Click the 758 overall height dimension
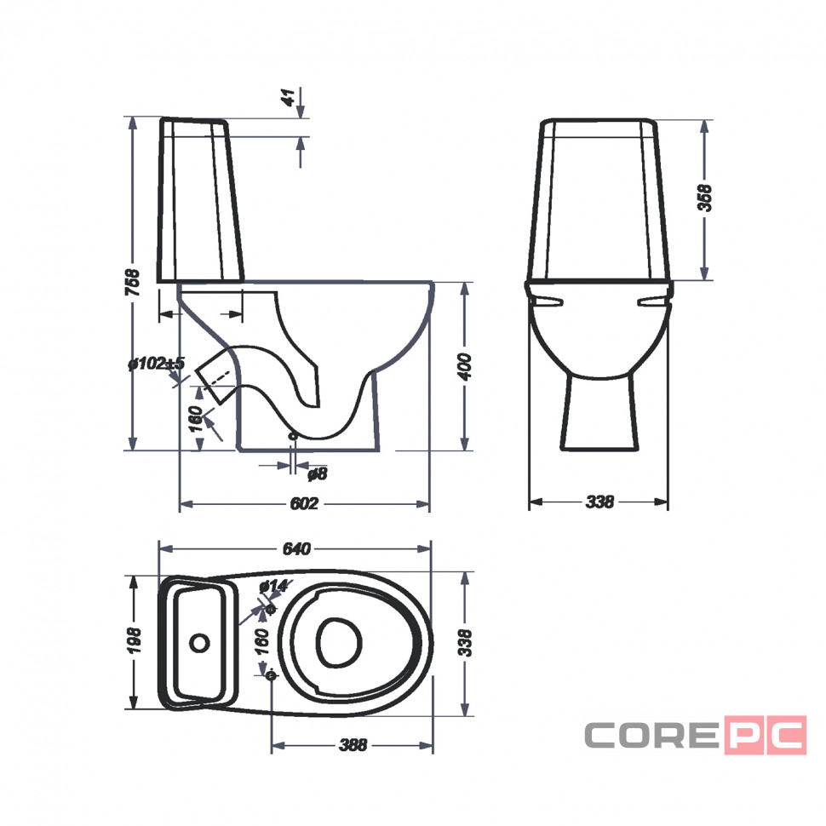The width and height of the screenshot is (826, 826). [x=134, y=283]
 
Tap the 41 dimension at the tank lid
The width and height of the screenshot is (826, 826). [x=289, y=97]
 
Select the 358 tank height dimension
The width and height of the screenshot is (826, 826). [x=704, y=198]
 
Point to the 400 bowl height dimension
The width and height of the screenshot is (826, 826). [x=465, y=367]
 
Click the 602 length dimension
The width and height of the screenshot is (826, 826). [x=304, y=503]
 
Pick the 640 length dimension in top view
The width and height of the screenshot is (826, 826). [x=296, y=549]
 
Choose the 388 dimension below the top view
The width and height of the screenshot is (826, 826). [x=353, y=745]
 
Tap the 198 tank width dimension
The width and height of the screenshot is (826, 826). [x=135, y=641]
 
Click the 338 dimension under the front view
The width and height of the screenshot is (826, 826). [x=599, y=502]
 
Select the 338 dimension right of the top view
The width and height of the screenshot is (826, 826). [x=465, y=643]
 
